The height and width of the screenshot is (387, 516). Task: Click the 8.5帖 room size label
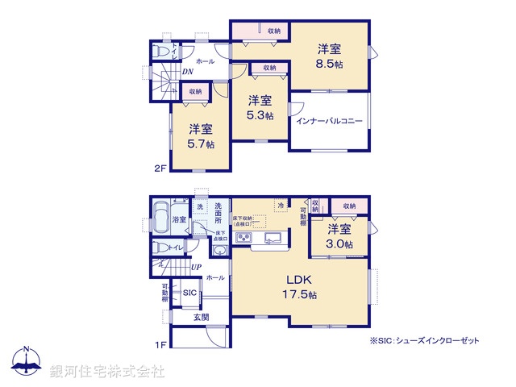[x=331, y=64]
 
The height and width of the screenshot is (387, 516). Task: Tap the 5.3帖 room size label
[x=260, y=115]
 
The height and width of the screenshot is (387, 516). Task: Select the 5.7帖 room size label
[x=201, y=144]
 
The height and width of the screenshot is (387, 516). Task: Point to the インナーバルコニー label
[x=329, y=123]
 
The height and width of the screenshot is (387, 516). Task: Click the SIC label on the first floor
[x=190, y=293]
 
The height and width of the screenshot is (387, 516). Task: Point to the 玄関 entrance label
[x=202, y=318]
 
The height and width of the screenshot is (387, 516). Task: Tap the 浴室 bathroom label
[x=179, y=219]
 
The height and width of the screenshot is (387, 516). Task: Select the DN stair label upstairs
[x=186, y=72]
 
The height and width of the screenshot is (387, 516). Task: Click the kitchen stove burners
[x=244, y=236]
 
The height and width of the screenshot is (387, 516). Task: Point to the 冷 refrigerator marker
[x=280, y=206]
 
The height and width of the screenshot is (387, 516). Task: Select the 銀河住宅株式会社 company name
[x=106, y=372]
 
